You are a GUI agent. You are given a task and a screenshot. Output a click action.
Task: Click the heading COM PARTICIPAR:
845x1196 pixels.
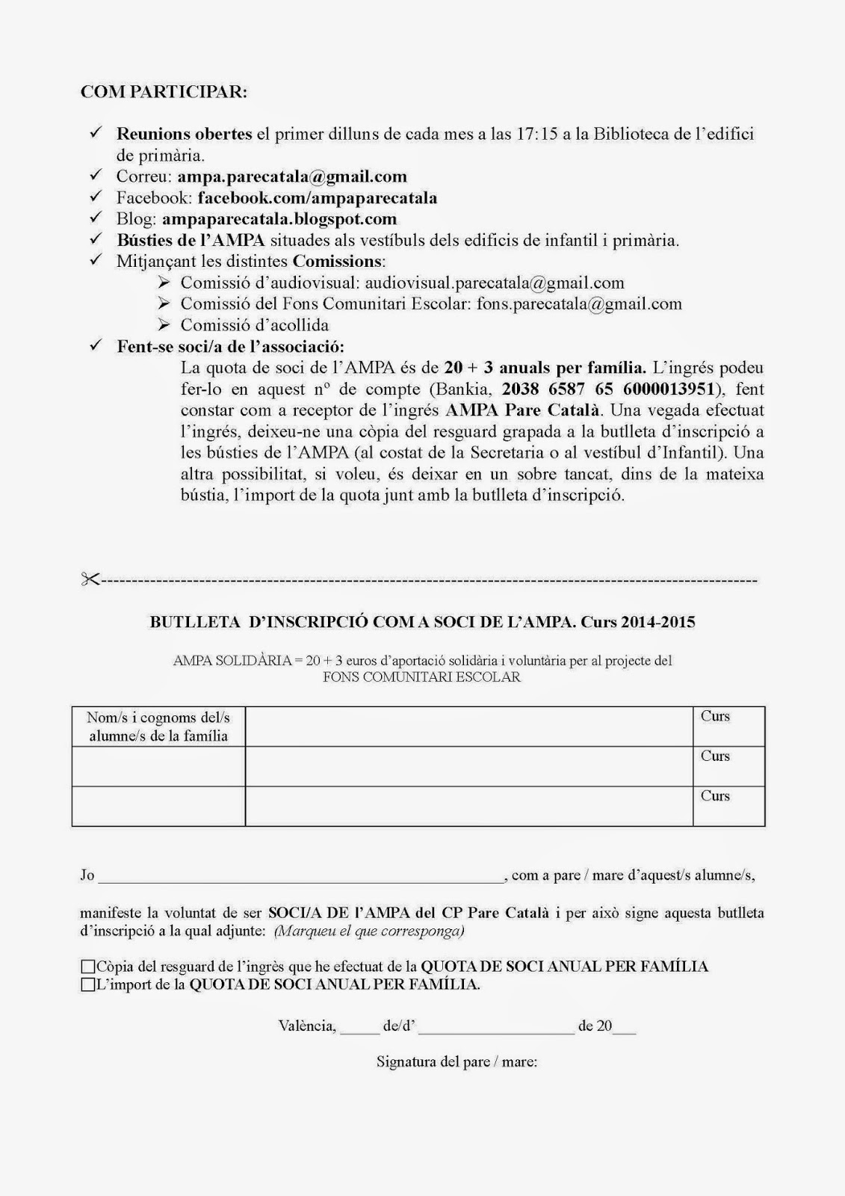pyautogui.click(x=164, y=92)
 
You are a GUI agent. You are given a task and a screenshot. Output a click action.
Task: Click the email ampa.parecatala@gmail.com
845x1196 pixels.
pyautogui.click(x=292, y=177)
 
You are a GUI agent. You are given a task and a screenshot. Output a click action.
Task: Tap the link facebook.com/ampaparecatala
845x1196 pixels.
pyautogui.click(x=318, y=198)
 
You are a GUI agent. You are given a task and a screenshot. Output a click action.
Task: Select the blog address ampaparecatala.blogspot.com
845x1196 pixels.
pyautogui.click(x=279, y=219)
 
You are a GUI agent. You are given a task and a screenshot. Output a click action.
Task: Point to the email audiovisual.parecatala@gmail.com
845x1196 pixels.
pyautogui.click(x=495, y=283)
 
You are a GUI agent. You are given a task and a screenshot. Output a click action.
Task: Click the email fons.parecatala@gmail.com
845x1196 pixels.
pyautogui.click(x=579, y=304)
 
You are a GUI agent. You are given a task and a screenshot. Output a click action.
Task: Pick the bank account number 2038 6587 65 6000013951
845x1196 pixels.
pyautogui.click(x=609, y=389)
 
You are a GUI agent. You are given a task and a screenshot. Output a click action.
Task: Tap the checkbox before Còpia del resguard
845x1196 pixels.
pyautogui.click(x=88, y=967)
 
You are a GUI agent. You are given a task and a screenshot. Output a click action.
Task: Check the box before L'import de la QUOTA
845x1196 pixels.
pyautogui.click(x=88, y=985)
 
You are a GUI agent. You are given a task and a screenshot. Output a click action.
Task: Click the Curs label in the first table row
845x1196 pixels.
pyautogui.click(x=715, y=716)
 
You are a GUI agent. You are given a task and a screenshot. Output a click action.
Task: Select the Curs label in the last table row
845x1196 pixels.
pyautogui.click(x=715, y=796)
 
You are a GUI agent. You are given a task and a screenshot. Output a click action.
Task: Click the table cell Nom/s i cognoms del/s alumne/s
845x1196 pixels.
pyautogui.click(x=158, y=727)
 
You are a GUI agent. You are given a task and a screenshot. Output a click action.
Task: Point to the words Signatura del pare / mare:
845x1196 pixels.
pyautogui.click(x=456, y=1061)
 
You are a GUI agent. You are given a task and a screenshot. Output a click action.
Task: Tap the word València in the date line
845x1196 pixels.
pyautogui.click(x=306, y=1026)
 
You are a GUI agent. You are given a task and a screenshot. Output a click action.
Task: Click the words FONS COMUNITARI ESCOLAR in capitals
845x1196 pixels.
pyautogui.click(x=421, y=677)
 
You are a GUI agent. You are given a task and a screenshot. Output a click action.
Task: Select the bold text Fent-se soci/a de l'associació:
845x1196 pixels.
pyautogui.click(x=231, y=347)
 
